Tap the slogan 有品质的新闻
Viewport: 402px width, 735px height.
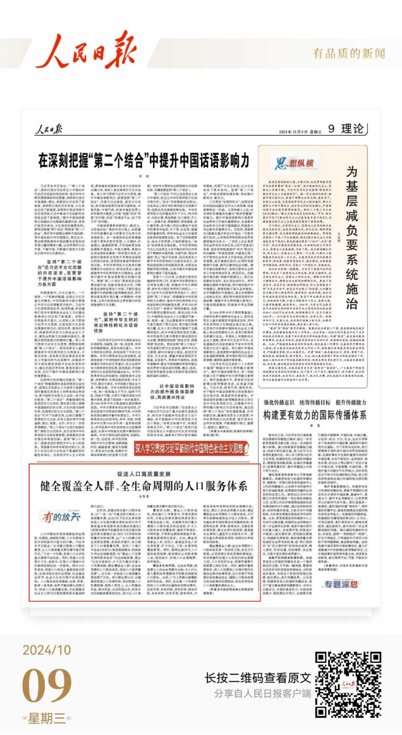pyautogui.click(x=349, y=53)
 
